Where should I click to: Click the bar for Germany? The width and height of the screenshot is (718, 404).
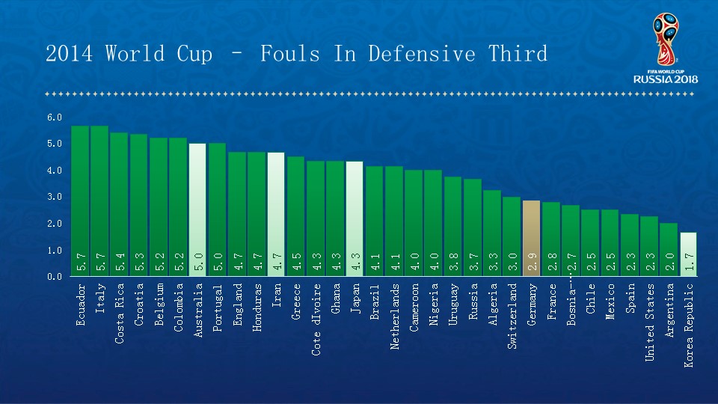pos(531,238)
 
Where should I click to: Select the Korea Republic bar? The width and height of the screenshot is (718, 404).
pos(688,254)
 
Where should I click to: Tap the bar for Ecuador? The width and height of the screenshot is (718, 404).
pos(80,201)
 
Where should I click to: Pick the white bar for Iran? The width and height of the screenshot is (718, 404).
pos(276,214)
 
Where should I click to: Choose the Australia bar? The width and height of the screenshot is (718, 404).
pos(197,209)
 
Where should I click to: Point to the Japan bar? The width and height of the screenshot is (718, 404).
pos(355,218)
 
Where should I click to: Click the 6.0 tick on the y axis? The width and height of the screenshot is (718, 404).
pos(55,117)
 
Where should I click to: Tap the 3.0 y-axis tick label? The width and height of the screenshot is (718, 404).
pos(55,198)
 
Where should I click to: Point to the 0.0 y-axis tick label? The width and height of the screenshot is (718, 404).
pos(55,277)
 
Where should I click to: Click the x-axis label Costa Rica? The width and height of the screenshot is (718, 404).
pos(120,313)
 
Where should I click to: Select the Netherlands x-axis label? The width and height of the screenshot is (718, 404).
pos(394,317)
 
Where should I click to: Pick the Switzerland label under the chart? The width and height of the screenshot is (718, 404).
pos(512,317)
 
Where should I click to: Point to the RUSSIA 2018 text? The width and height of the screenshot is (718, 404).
pos(666,79)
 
